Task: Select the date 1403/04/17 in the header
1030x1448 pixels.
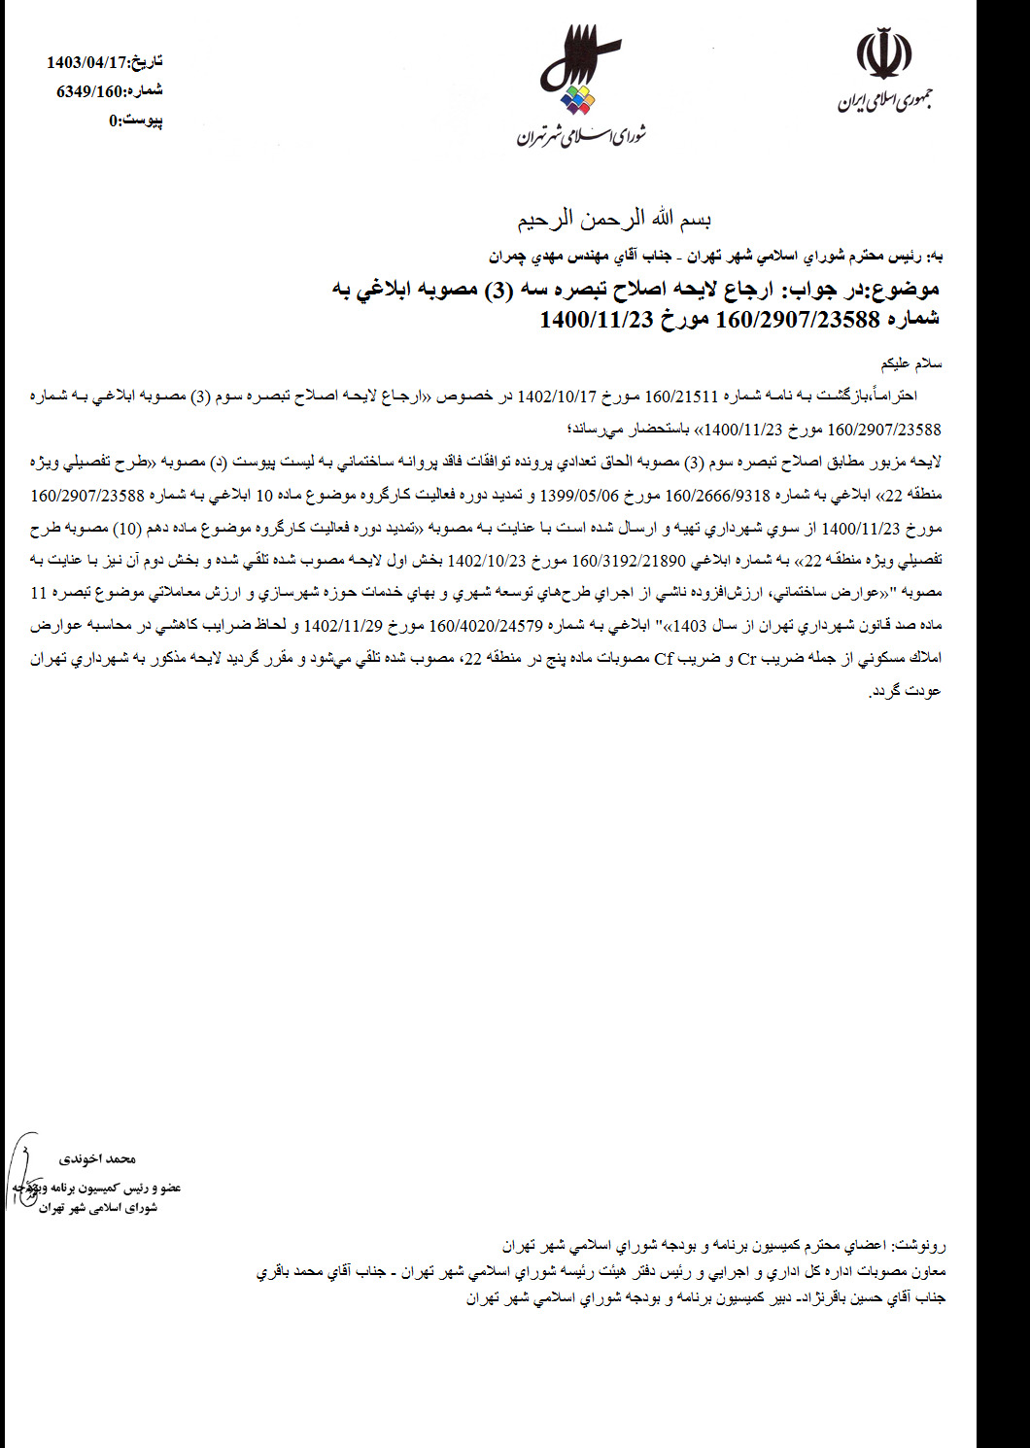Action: coord(87,63)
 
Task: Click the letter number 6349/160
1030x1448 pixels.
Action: coord(92,91)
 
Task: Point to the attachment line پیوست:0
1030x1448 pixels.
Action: coord(135,121)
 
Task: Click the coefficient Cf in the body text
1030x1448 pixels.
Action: coord(664,659)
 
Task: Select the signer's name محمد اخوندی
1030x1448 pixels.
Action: coord(97,1158)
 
